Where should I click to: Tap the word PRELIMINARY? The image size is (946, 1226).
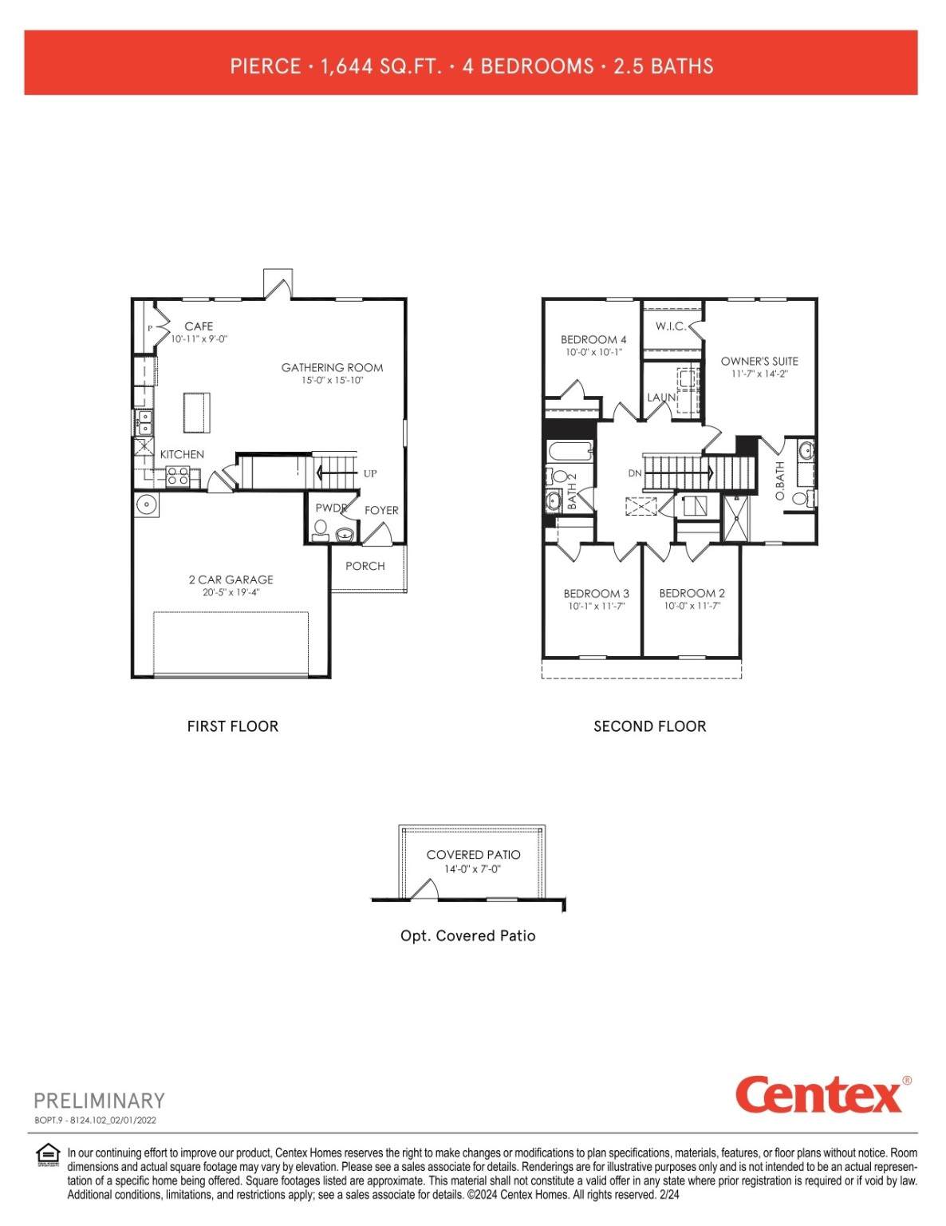point(99,1101)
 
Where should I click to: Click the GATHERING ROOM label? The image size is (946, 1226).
point(332,368)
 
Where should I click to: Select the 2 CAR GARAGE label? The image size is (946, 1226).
point(231,579)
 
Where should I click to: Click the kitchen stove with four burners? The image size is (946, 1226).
point(178,477)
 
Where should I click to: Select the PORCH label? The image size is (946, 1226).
point(365,566)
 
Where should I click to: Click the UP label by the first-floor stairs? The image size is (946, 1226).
point(370,473)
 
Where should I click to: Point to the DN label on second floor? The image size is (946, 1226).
point(635,473)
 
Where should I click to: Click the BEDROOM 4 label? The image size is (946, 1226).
point(593,340)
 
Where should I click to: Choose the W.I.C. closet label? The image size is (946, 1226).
point(670,326)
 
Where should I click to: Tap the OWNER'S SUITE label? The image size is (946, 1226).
point(759,361)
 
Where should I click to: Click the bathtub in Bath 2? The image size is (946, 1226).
point(570,452)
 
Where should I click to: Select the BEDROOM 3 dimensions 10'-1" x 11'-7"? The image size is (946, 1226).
point(597,607)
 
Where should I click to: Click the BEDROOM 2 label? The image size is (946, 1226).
point(692,594)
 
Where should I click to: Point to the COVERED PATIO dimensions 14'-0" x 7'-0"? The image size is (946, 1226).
point(472,869)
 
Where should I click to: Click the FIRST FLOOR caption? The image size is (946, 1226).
point(233,726)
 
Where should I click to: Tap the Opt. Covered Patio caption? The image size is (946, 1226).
point(468,936)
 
